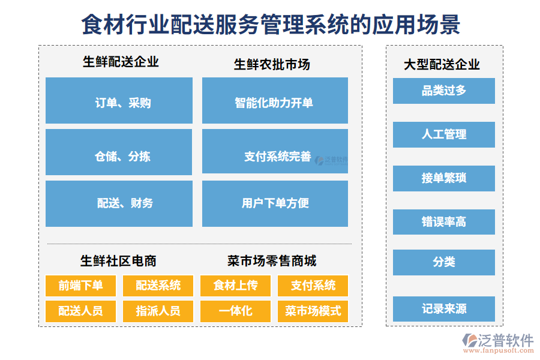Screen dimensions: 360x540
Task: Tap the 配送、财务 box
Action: tap(119, 203)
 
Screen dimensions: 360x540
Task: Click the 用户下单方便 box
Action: tap(275, 203)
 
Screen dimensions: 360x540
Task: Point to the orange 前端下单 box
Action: tap(80, 286)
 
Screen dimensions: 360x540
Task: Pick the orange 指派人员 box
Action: tap(158, 311)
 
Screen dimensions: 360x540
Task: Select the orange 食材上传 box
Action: tap(235, 286)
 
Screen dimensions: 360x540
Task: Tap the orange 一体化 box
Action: tap(235, 311)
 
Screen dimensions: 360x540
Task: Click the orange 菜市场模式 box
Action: tap(313, 311)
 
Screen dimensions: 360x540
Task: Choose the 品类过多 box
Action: tap(444, 91)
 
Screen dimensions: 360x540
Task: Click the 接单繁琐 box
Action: tap(444, 178)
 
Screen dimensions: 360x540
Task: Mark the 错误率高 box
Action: tap(444, 222)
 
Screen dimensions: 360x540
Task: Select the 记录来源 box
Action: tap(444, 309)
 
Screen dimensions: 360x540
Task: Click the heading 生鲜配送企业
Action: tap(121, 62)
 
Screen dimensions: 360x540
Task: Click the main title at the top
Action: tap(271, 25)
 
